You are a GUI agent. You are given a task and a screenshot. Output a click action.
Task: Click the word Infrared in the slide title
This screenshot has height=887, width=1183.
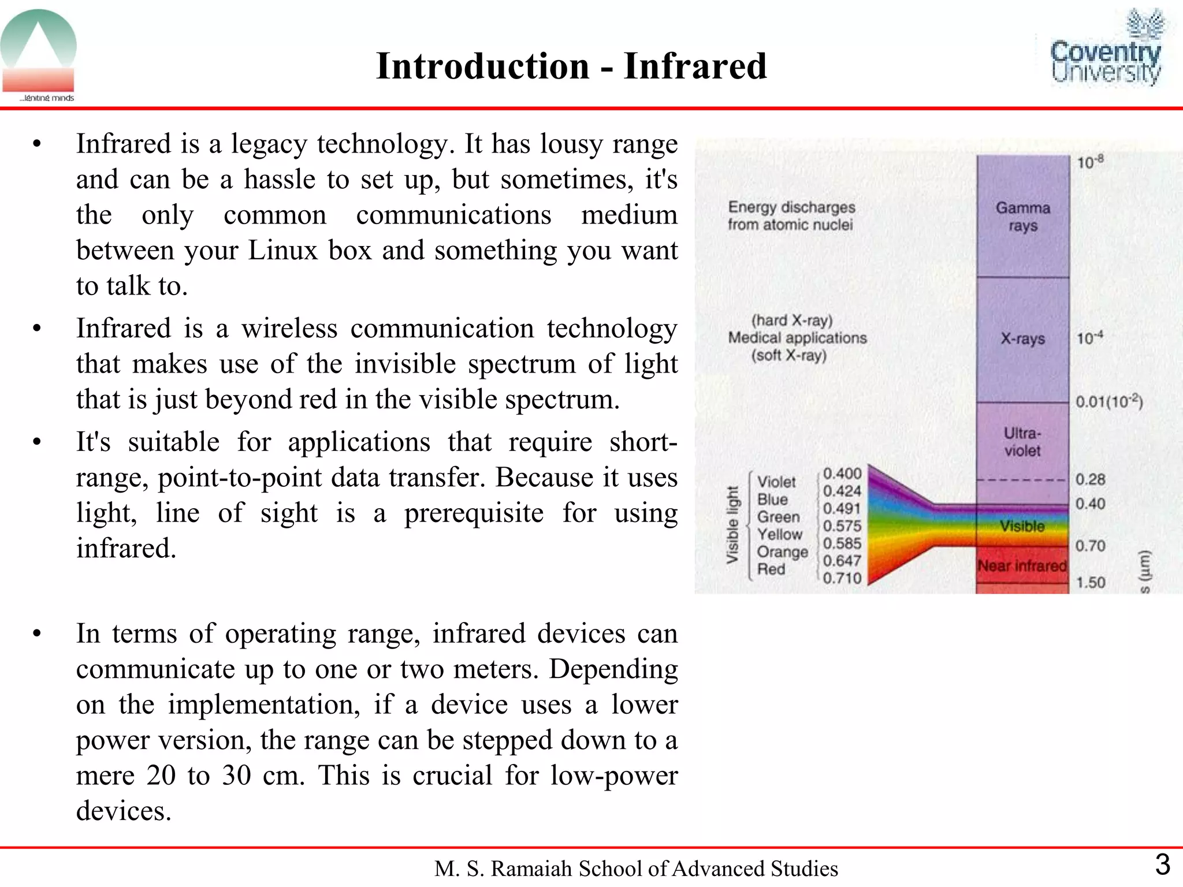click(695, 66)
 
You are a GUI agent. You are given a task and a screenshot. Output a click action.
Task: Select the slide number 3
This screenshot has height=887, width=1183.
click(1162, 865)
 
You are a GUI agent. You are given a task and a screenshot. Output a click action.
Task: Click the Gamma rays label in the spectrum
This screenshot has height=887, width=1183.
click(1022, 217)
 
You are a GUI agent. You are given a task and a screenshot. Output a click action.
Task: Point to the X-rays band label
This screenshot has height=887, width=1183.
click(1022, 338)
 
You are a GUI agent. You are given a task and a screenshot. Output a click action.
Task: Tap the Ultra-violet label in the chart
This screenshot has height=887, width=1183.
click(1022, 442)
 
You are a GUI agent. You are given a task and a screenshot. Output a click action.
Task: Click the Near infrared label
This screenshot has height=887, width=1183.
click(1022, 566)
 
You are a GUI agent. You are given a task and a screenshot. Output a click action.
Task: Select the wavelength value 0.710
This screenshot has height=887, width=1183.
click(842, 578)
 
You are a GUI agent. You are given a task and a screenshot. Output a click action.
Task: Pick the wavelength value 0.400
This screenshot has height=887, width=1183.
click(842, 474)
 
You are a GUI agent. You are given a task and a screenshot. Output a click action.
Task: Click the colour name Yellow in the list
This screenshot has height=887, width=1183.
click(779, 534)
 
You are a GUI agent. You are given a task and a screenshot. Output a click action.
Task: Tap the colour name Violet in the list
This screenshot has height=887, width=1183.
click(776, 482)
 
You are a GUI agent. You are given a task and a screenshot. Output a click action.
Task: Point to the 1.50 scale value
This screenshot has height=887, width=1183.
click(1091, 582)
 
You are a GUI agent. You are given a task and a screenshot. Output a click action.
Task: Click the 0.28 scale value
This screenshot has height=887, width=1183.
click(1090, 479)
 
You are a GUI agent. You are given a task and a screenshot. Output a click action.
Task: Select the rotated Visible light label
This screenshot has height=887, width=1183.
click(732, 524)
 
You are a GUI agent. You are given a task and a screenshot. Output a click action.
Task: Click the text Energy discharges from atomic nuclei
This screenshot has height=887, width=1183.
click(791, 216)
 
